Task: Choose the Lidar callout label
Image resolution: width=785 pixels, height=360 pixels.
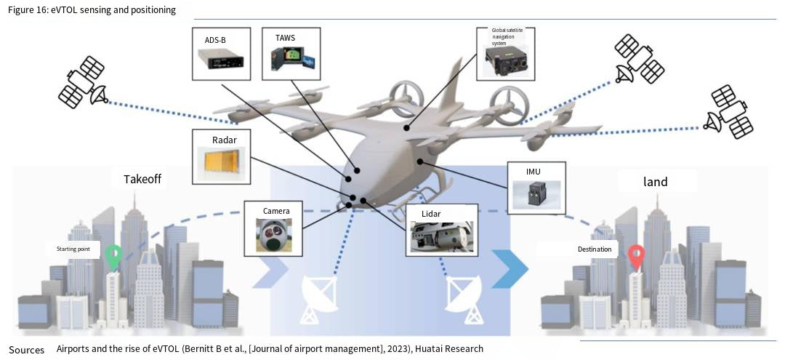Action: pyautogui.click(x=430, y=212)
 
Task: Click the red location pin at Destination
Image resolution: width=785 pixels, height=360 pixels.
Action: pyautogui.click(x=637, y=256)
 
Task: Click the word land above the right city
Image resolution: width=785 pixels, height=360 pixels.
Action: pyautogui.click(x=655, y=182)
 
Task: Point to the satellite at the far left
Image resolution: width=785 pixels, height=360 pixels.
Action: pyautogui.click(x=81, y=83)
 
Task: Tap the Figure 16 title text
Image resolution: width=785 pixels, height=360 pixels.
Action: pyautogui.click(x=92, y=10)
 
